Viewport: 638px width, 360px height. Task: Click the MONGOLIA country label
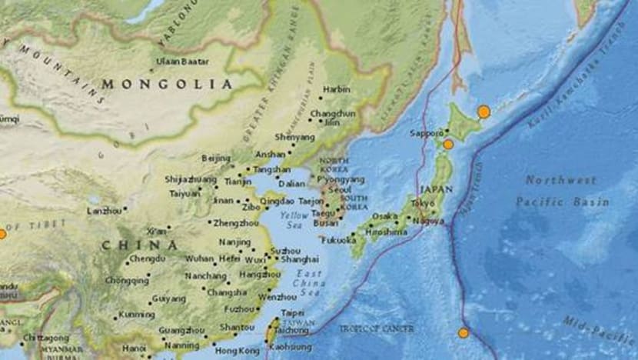point(167,84)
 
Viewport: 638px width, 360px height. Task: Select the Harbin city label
point(336,89)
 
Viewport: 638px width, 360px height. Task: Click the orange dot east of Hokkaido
point(483,112)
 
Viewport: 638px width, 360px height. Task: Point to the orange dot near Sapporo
point(448,144)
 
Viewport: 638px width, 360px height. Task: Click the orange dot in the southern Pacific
point(463,332)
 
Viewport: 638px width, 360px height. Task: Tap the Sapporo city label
point(427,132)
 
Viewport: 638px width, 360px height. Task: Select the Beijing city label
point(215,158)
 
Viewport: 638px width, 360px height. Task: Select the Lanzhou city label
point(104,210)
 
